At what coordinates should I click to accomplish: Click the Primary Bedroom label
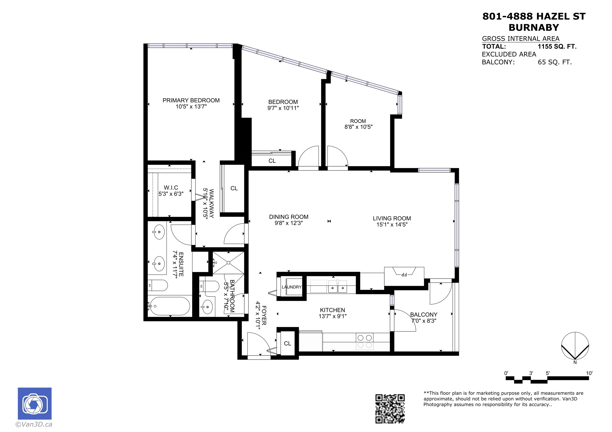point(191,100)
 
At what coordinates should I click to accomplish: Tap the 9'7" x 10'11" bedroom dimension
point(283,108)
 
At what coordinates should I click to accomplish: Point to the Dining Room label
point(289,217)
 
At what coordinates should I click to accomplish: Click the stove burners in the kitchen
point(365,341)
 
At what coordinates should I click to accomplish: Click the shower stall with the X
point(229,263)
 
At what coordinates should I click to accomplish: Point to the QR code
point(390,409)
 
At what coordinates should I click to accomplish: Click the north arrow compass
point(575,346)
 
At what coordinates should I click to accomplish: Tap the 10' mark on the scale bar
point(589,373)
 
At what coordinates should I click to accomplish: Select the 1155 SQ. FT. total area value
point(557,47)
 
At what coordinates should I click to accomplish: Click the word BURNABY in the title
point(534,27)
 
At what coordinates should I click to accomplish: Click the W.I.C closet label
point(171,188)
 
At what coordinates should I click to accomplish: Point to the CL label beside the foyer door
point(287,343)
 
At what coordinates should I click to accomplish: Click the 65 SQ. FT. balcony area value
point(555,62)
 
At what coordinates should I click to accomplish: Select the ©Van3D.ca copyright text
point(34,424)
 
